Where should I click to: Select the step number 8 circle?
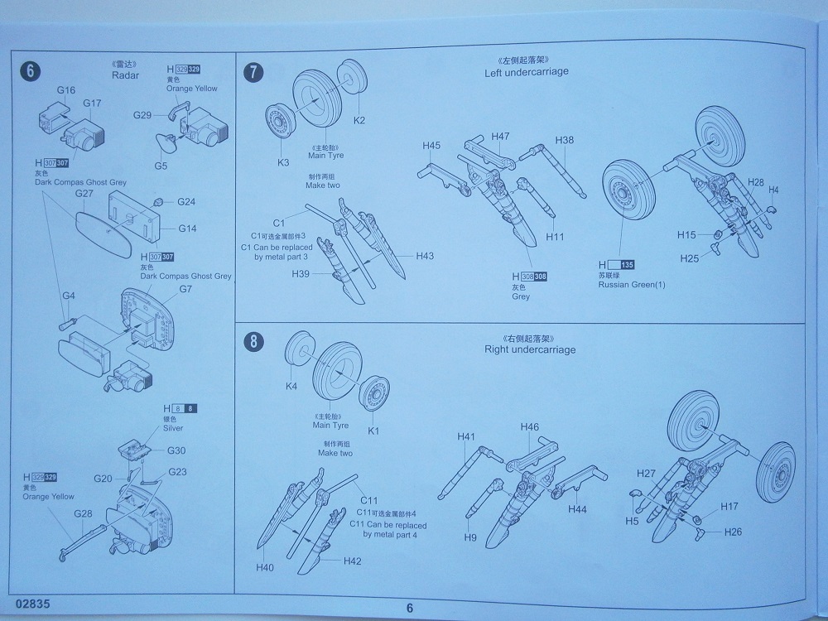[x=255, y=342]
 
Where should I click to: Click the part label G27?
[x=84, y=193]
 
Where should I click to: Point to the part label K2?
[x=359, y=120]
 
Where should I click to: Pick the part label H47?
[x=500, y=136]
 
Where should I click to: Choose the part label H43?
[x=425, y=256]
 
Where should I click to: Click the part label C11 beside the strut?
[x=368, y=501]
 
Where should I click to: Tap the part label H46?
[x=530, y=427]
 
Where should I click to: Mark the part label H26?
[x=733, y=532]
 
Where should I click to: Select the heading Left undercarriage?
[x=526, y=72]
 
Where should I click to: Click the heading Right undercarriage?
[x=530, y=349]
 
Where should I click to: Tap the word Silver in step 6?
[x=174, y=428]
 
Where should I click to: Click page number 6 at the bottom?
[x=409, y=608]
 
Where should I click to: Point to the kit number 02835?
[x=31, y=604]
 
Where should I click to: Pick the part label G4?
[x=69, y=296]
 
